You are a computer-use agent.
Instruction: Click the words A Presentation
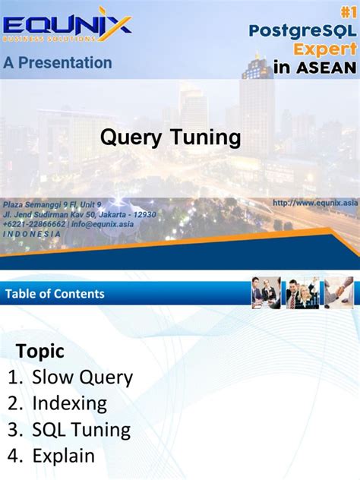click(58, 63)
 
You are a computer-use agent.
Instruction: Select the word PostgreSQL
click(302, 30)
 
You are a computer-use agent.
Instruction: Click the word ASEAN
click(327, 67)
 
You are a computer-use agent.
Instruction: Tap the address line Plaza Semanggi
click(52, 204)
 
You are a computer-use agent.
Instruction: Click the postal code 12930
click(141, 214)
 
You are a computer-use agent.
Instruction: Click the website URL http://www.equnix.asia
click(314, 202)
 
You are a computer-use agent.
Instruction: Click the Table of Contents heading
click(55, 293)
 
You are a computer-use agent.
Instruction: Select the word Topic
click(40, 351)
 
